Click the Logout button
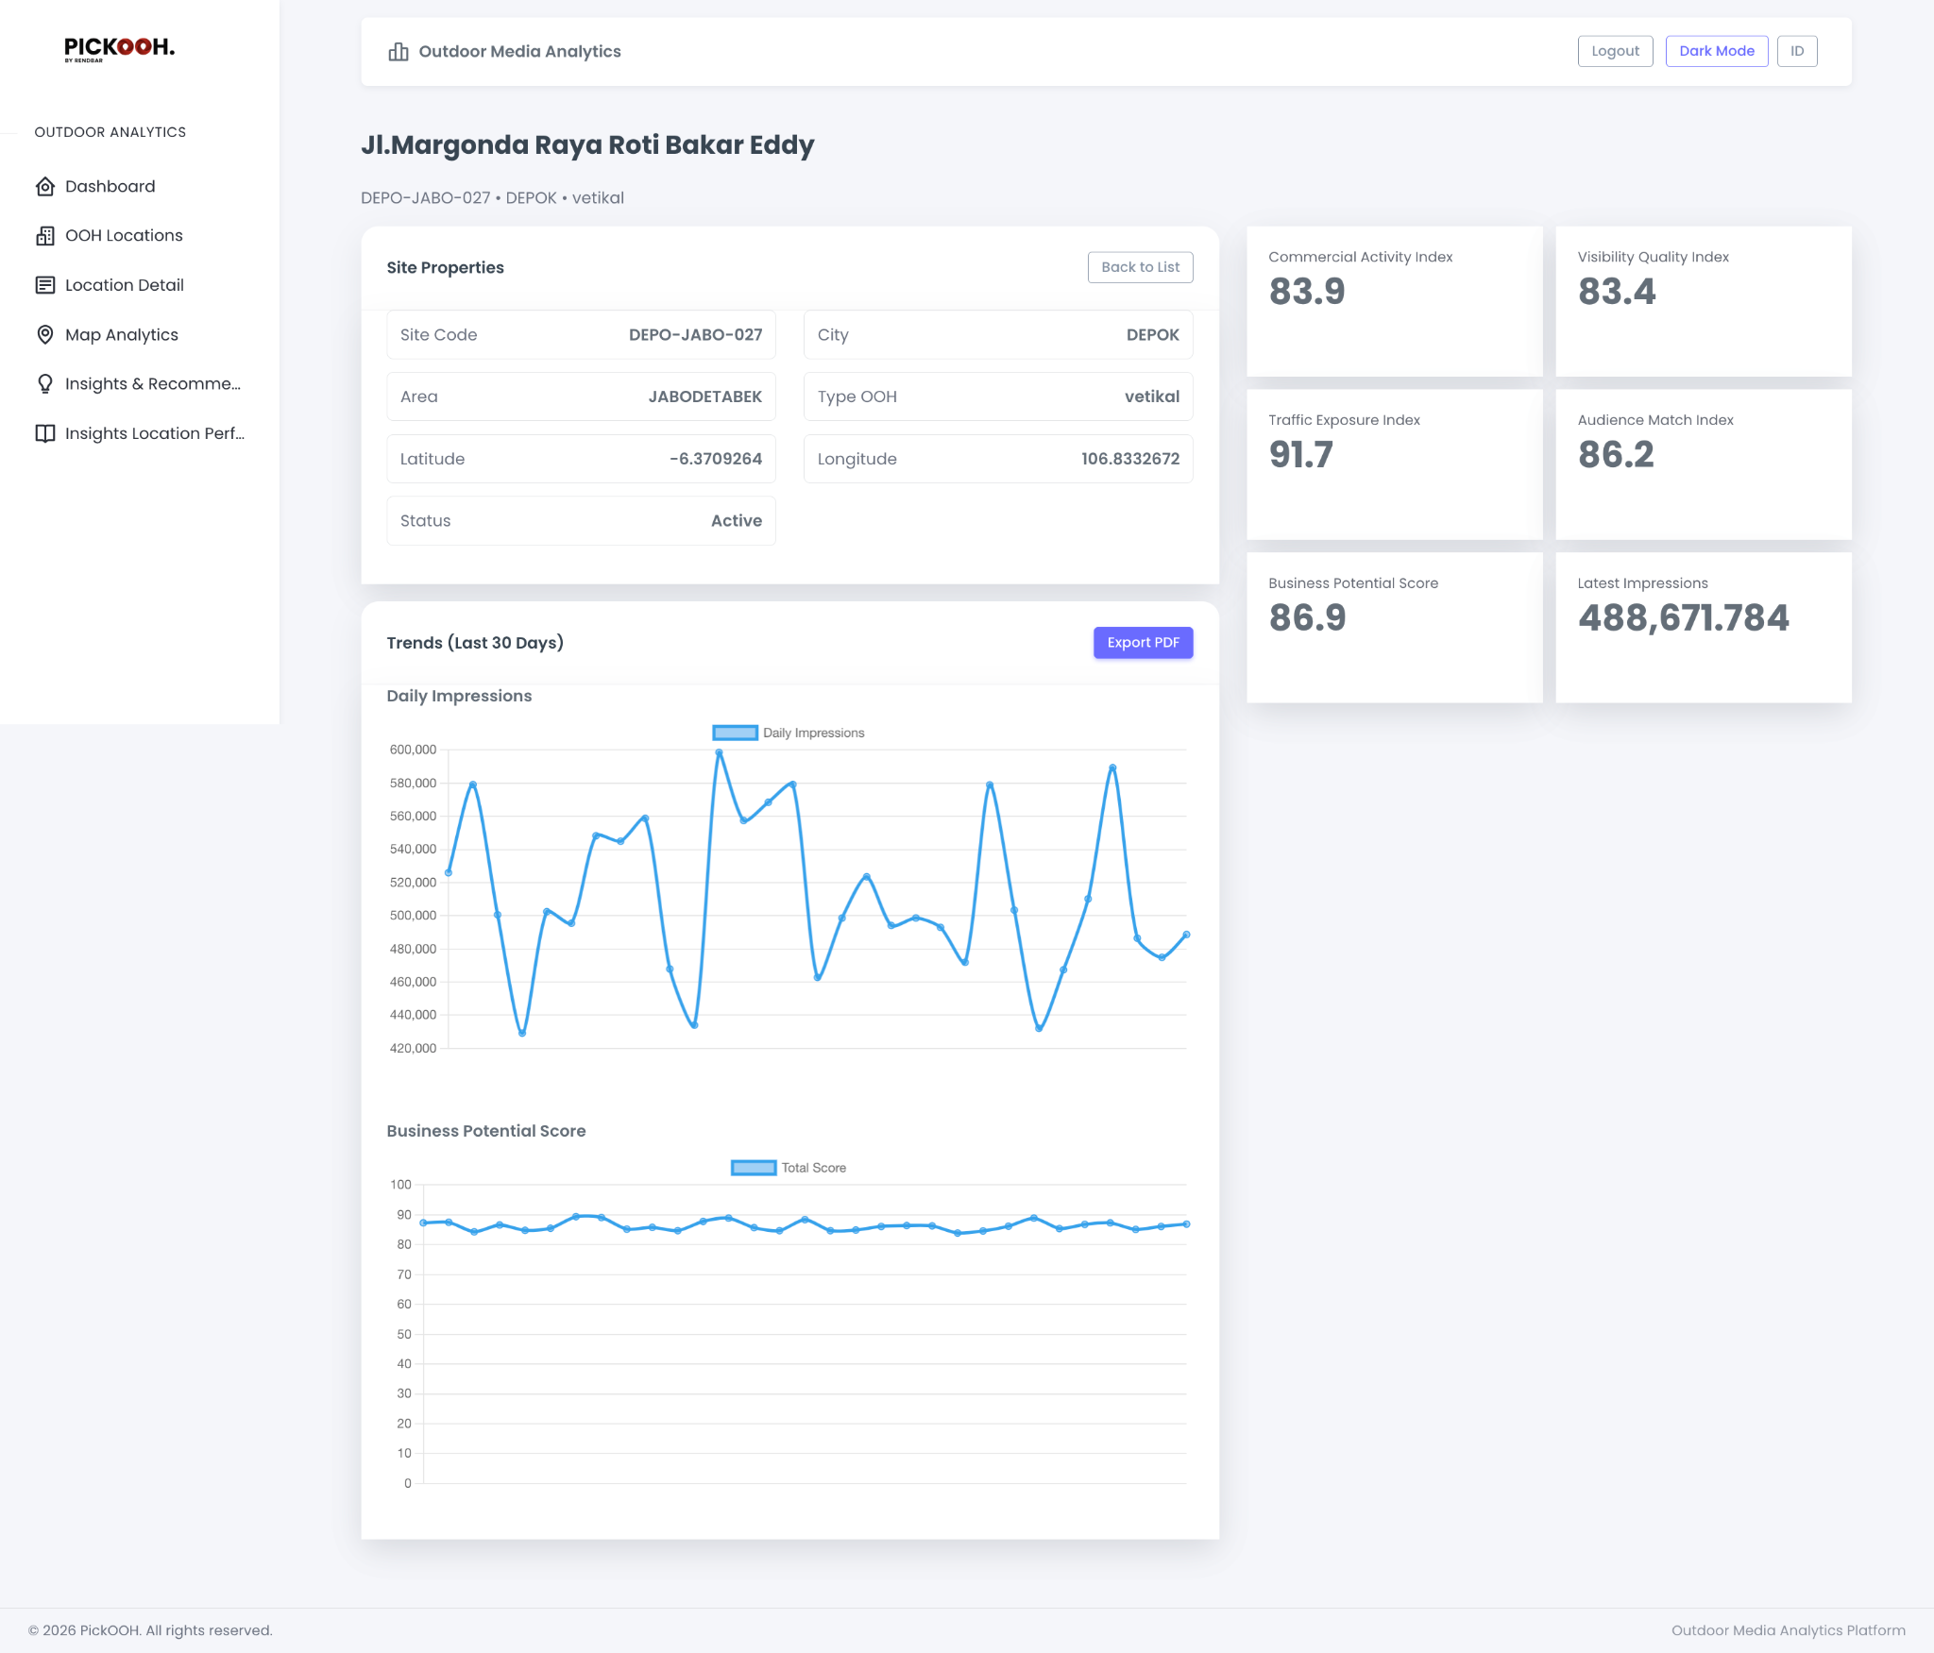tap(1615, 51)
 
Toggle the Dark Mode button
tap(1716, 51)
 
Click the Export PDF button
tap(1143, 643)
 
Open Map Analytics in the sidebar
tap(121, 335)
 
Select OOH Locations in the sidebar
tap(124, 236)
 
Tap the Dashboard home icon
tap(44, 187)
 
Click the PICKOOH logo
tap(119, 48)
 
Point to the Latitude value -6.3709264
tap(715, 459)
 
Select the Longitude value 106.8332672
tap(1129, 459)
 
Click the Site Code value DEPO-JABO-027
tap(695, 335)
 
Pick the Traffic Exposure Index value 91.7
tap(1300, 455)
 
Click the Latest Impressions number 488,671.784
tap(1683, 618)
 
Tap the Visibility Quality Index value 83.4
tap(1616, 292)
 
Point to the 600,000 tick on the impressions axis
tap(413, 750)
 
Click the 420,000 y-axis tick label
tap(413, 1048)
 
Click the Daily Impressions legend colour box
tap(735, 733)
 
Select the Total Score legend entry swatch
tap(753, 1168)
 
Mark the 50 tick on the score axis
tap(404, 1334)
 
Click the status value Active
tap(736, 521)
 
